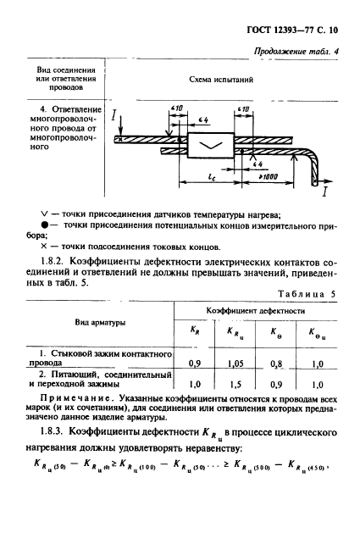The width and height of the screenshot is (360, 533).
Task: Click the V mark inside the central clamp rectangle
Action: (x=208, y=146)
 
